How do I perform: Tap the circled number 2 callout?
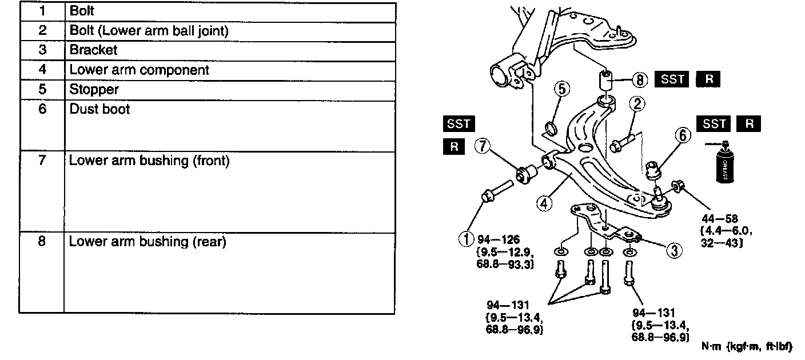pos(637,103)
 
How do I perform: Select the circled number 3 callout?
pos(674,250)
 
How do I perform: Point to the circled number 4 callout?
pos(544,202)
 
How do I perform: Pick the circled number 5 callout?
pos(562,89)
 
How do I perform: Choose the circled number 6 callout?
pos(682,135)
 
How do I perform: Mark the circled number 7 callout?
pos(483,146)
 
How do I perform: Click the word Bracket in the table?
pos(93,50)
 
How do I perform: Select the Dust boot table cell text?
pos(99,109)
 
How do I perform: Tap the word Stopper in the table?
pos(94,89)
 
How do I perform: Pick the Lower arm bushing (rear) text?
pos(148,242)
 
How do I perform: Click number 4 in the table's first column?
pos(42,70)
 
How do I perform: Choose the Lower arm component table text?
pos(139,70)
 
